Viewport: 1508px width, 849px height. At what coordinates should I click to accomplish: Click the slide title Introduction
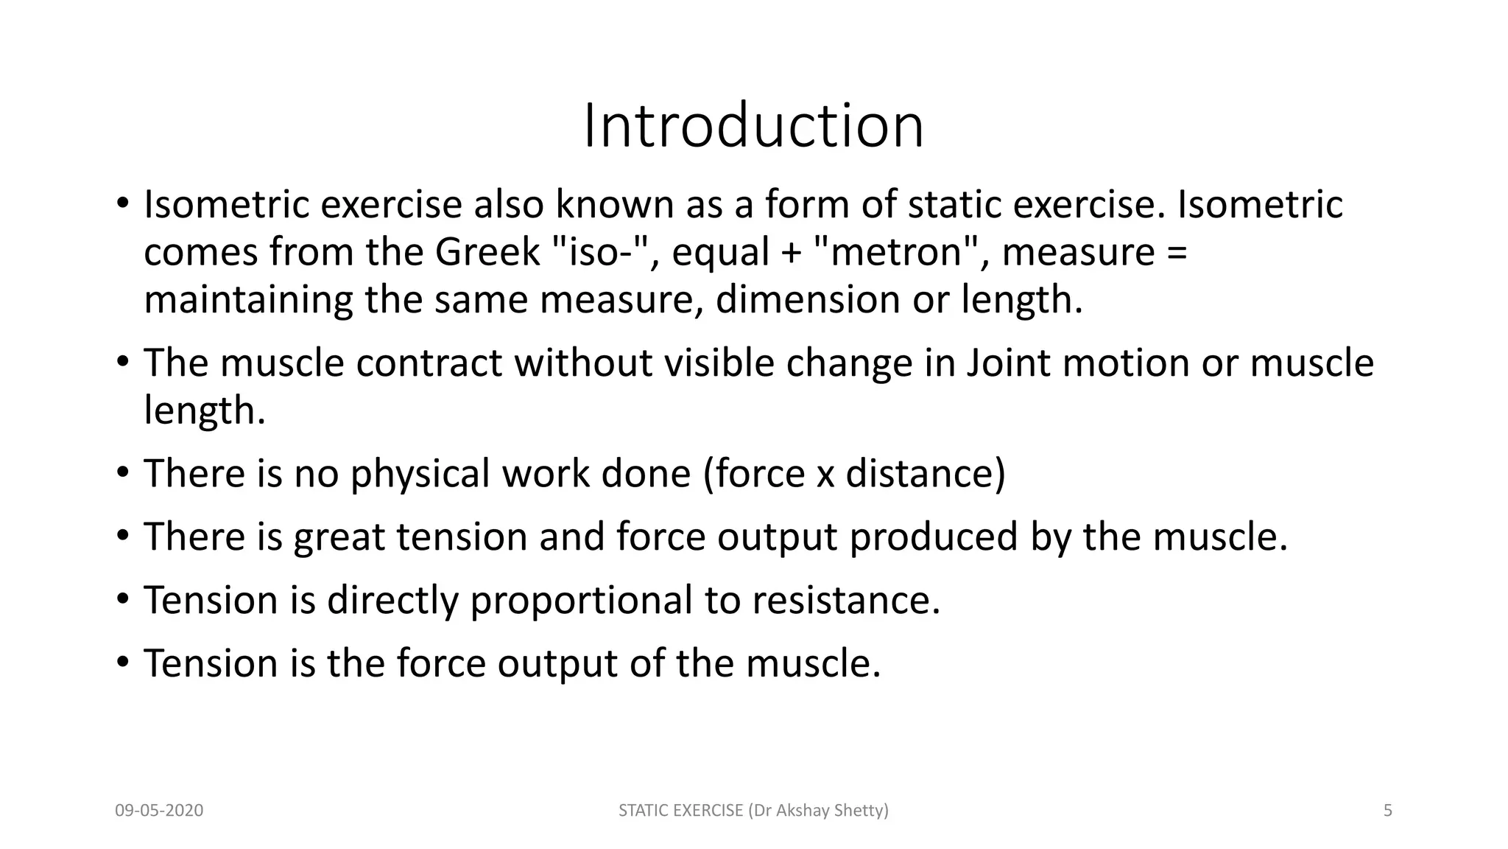(753, 127)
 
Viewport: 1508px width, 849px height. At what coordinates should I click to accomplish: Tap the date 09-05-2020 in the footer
(159, 811)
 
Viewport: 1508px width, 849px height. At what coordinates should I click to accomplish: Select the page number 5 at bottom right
(1388, 811)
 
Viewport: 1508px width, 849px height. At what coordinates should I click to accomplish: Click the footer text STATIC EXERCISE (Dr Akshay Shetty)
(753, 811)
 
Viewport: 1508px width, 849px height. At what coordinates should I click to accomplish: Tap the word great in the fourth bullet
(339, 537)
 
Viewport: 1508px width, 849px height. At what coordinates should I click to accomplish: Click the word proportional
(581, 601)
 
